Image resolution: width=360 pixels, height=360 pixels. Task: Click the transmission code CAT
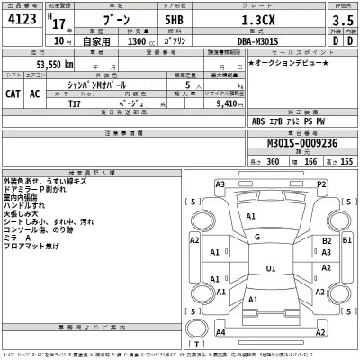(15, 94)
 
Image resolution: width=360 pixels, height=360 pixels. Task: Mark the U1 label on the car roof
(271, 268)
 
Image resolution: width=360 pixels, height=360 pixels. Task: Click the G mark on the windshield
(257, 237)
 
